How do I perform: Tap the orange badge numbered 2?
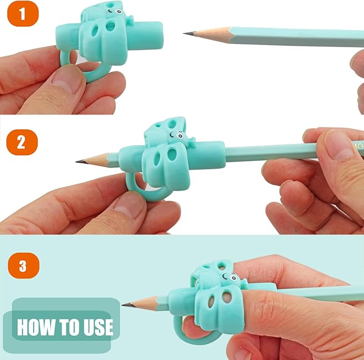click(x=21, y=143)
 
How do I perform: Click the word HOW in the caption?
click(x=35, y=327)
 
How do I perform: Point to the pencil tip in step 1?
click(x=186, y=33)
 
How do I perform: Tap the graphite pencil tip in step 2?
click(x=78, y=161)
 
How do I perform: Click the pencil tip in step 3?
click(x=125, y=305)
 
